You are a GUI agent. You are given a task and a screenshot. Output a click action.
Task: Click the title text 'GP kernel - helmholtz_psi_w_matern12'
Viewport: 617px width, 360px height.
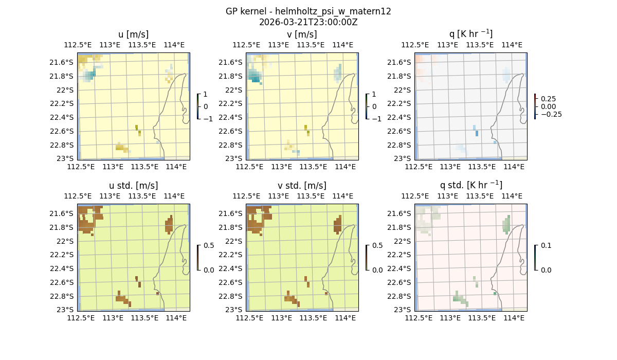[x=308, y=11]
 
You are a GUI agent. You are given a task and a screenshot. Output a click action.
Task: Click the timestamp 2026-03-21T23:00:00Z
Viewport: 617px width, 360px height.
[x=308, y=22]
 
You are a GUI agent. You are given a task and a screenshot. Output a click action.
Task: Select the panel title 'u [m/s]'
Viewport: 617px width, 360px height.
[x=133, y=34]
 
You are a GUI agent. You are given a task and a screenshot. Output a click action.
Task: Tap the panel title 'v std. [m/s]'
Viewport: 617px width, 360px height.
[x=302, y=186]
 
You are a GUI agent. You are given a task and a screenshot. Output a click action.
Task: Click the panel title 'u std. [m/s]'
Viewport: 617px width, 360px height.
[x=133, y=186]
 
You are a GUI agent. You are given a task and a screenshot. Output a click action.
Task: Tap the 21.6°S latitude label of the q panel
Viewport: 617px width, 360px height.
[x=402, y=62]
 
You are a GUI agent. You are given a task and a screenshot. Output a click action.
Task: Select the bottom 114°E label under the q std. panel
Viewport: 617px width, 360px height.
[x=514, y=318]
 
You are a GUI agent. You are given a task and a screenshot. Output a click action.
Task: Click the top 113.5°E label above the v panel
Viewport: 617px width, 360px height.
[x=311, y=45]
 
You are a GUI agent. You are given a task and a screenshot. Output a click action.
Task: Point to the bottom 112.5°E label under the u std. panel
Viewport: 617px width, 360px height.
[x=81, y=318]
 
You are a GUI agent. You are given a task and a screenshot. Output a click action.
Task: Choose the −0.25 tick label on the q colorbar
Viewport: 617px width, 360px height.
[x=551, y=114]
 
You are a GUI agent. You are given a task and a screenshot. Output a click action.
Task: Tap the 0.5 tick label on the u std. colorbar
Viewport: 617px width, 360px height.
[x=209, y=245]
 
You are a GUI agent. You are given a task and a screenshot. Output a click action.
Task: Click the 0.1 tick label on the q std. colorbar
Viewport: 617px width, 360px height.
[x=546, y=245]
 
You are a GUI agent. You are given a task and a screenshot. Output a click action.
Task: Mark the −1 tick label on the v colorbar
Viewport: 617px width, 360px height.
[x=376, y=118]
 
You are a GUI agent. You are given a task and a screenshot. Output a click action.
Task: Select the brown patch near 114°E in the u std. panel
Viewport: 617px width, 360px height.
[x=169, y=225]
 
